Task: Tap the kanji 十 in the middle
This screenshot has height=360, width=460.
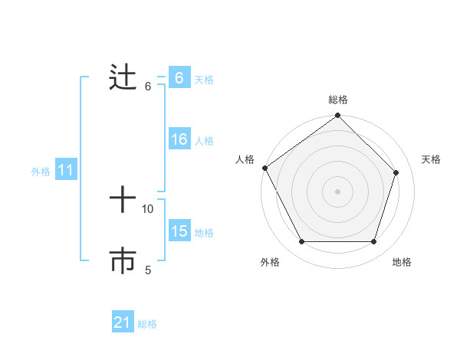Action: (x=123, y=201)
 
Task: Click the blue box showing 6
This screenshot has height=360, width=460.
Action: (x=179, y=78)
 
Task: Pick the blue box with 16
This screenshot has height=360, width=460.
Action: (x=179, y=139)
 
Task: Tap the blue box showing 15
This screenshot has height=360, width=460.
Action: (x=179, y=231)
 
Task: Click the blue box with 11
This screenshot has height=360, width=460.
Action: (x=65, y=171)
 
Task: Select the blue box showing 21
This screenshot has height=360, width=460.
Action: (x=123, y=322)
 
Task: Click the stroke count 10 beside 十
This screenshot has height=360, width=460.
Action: (x=148, y=208)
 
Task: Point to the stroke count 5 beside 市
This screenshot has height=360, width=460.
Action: (x=148, y=270)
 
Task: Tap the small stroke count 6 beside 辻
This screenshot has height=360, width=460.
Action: (x=148, y=86)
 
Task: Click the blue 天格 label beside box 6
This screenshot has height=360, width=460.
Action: (x=204, y=79)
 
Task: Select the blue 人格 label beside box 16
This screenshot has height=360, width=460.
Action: (x=204, y=141)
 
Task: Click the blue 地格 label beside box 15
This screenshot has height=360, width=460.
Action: (x=204, y=233)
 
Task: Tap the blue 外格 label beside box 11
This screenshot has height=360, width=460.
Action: (x=41, y=172)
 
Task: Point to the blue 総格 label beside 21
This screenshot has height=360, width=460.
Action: (x=147, y=324)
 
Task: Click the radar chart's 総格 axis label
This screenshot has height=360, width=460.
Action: (x=338, y=100)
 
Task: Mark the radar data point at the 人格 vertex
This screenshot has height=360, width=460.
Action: (x=264, y=168)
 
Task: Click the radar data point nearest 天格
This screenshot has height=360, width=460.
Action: (x=396, y=172)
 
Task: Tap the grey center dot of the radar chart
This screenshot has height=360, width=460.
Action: (x=338, y=191)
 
